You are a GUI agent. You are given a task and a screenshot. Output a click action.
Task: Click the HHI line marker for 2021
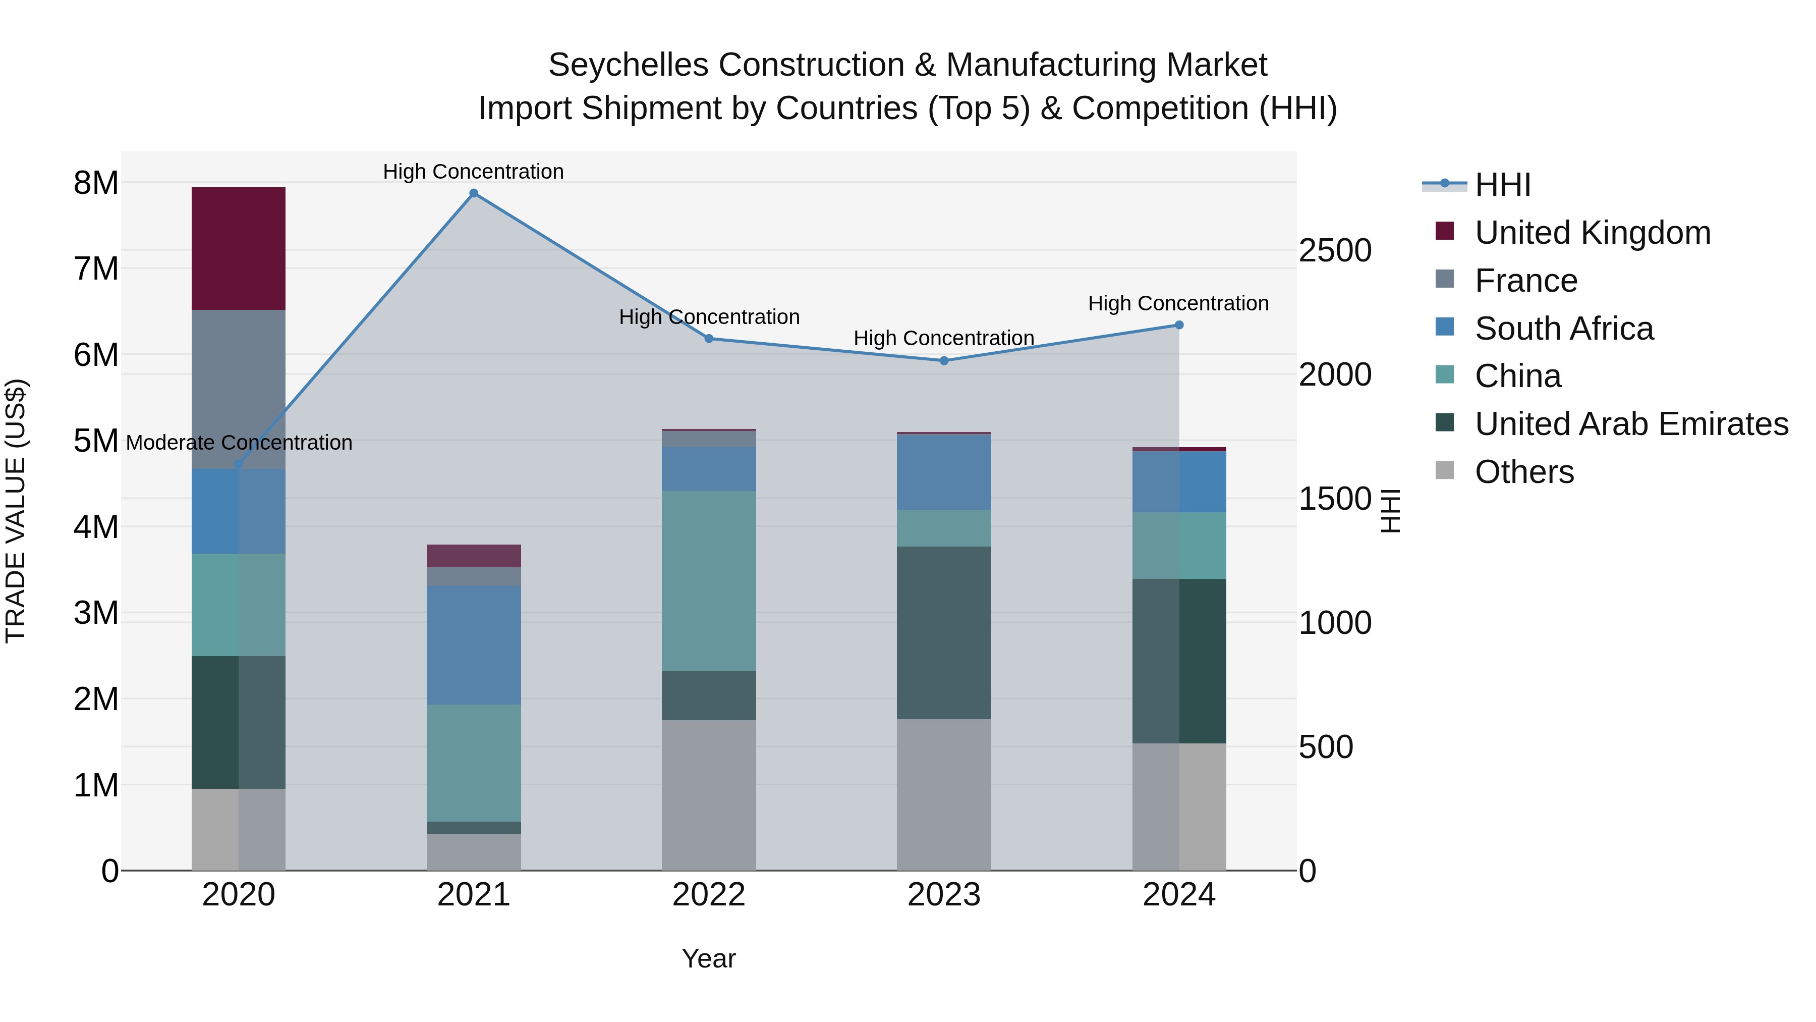click(x=474, y=193)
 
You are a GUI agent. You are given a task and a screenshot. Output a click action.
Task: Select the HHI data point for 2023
click(x=944, y=360)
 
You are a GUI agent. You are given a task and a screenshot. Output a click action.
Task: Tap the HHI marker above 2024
click(x=1179, y=325)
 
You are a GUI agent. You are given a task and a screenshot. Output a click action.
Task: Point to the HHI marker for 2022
click(x=709, y=339)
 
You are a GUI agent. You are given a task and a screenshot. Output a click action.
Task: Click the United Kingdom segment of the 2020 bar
click(x=238, y=248)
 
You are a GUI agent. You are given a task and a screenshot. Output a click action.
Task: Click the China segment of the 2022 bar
click(x=709, y=580)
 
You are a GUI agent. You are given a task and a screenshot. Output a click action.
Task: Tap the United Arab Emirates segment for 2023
click(x=944, y=633)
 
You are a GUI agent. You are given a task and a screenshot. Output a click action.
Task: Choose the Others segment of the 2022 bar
click(x=709, y=795)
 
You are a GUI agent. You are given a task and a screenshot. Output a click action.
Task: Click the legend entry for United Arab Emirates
click(x=1631, y=424)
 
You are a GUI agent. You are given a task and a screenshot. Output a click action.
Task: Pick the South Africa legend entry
click(x=1564, y=329)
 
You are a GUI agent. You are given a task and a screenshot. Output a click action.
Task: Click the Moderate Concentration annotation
click(x=239, y=443)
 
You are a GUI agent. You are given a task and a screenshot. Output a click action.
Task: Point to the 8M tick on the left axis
click(x=96, y=183)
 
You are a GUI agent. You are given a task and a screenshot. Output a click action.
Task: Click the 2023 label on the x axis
click(x=944, y=895)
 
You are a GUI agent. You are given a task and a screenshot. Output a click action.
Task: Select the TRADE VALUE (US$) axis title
click(x=16, y=511)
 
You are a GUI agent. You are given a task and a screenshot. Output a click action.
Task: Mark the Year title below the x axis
click(x=709, y=958)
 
